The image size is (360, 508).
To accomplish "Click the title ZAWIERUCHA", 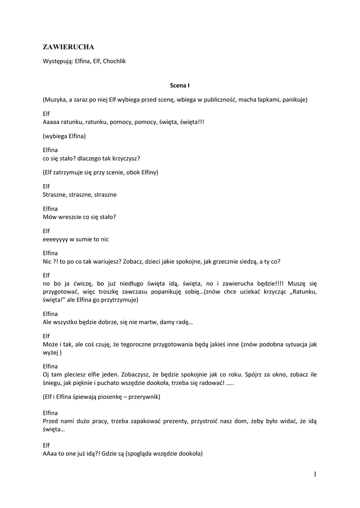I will pos(69,47).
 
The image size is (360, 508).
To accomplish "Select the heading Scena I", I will pos(180,85).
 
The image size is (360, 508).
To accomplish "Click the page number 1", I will pos(315,474).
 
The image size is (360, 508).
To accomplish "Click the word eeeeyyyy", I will pos(56,239).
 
